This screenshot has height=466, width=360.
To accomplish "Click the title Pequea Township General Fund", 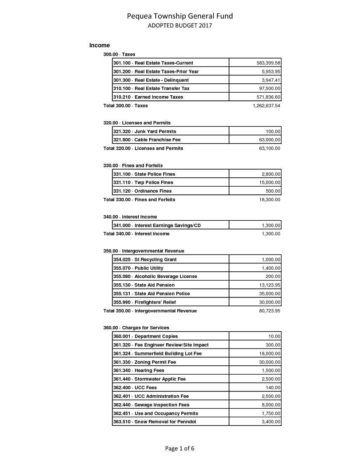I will point(180,16).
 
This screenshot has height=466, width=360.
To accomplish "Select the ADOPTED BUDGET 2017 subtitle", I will point(180,25).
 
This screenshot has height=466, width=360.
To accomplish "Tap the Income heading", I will point(99,45).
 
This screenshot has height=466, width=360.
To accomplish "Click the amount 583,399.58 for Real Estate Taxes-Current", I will point(268,63).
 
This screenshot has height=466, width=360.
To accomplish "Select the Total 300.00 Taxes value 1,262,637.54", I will point(266,106).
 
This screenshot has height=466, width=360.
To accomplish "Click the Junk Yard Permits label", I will point(145,131).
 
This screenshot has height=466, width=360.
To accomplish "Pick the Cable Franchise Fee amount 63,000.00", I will point(269,140).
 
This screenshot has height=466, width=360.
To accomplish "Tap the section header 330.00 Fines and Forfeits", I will point(133,165).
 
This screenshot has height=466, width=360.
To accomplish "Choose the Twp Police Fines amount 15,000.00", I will point(269,182).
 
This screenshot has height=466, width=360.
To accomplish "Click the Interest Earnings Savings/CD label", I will point(157,225).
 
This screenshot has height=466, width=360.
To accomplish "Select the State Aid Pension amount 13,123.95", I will point(269,285).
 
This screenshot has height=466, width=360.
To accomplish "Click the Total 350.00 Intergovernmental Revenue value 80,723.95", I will point(269,311).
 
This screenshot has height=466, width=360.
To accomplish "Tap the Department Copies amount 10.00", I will point(274,336).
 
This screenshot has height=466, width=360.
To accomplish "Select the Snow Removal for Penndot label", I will point(155,422).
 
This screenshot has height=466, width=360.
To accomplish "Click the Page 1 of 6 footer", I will point(180,448).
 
